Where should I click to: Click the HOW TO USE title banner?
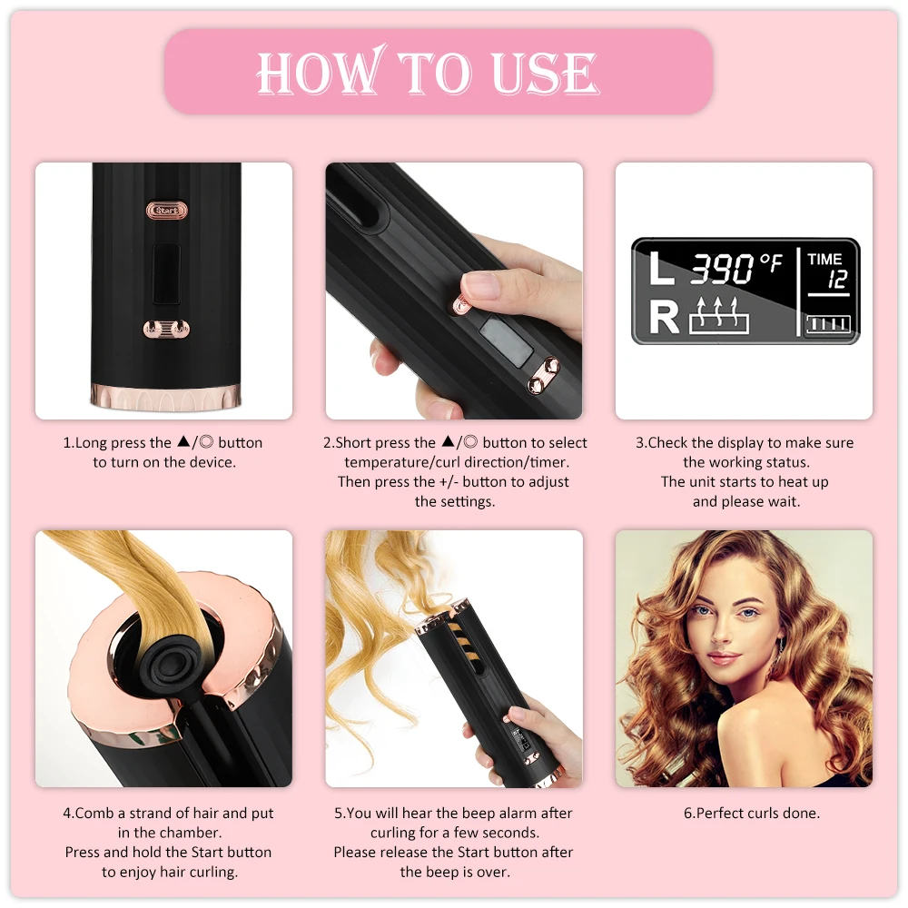[x=438, y=72]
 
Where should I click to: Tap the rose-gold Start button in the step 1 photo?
[x=167, y=211]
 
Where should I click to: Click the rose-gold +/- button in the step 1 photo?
[x=167, y=330]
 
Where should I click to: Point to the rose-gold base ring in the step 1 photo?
[x=166, y=396]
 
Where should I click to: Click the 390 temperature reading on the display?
[x=723, y=269]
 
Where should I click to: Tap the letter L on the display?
[x=661, y=270]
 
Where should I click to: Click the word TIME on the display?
[x=824, y=260]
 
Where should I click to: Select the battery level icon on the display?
[x=828, y=324]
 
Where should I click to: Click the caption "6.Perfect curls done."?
[x=751, y=813]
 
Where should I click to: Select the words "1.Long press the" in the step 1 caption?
[x=117, y=443]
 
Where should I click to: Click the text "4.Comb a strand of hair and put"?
[x=168, y=813]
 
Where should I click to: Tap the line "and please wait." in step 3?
[x=745, y=501]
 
